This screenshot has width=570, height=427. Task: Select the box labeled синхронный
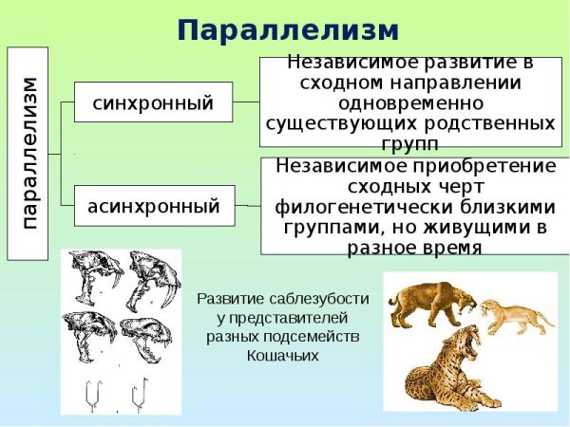153,102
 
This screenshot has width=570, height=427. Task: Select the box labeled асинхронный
153,205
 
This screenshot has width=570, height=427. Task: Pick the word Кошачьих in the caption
283,356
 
